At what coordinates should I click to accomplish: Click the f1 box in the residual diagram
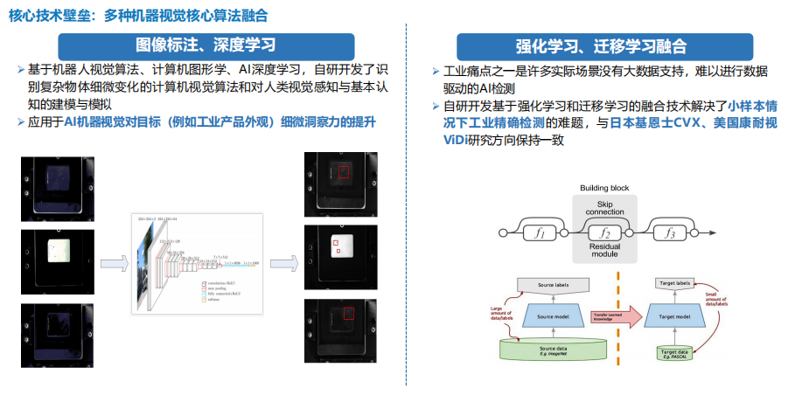540,233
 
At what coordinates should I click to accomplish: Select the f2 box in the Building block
604,233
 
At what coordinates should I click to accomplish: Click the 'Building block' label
604,189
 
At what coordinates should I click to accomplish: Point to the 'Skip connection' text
604,207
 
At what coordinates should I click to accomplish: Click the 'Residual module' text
604,253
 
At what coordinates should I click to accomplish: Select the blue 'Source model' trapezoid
554,317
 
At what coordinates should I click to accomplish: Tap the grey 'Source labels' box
554,284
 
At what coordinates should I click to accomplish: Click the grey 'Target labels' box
677,284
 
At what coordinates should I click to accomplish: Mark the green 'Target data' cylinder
677,352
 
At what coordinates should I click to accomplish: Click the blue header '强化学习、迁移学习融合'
603,46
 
